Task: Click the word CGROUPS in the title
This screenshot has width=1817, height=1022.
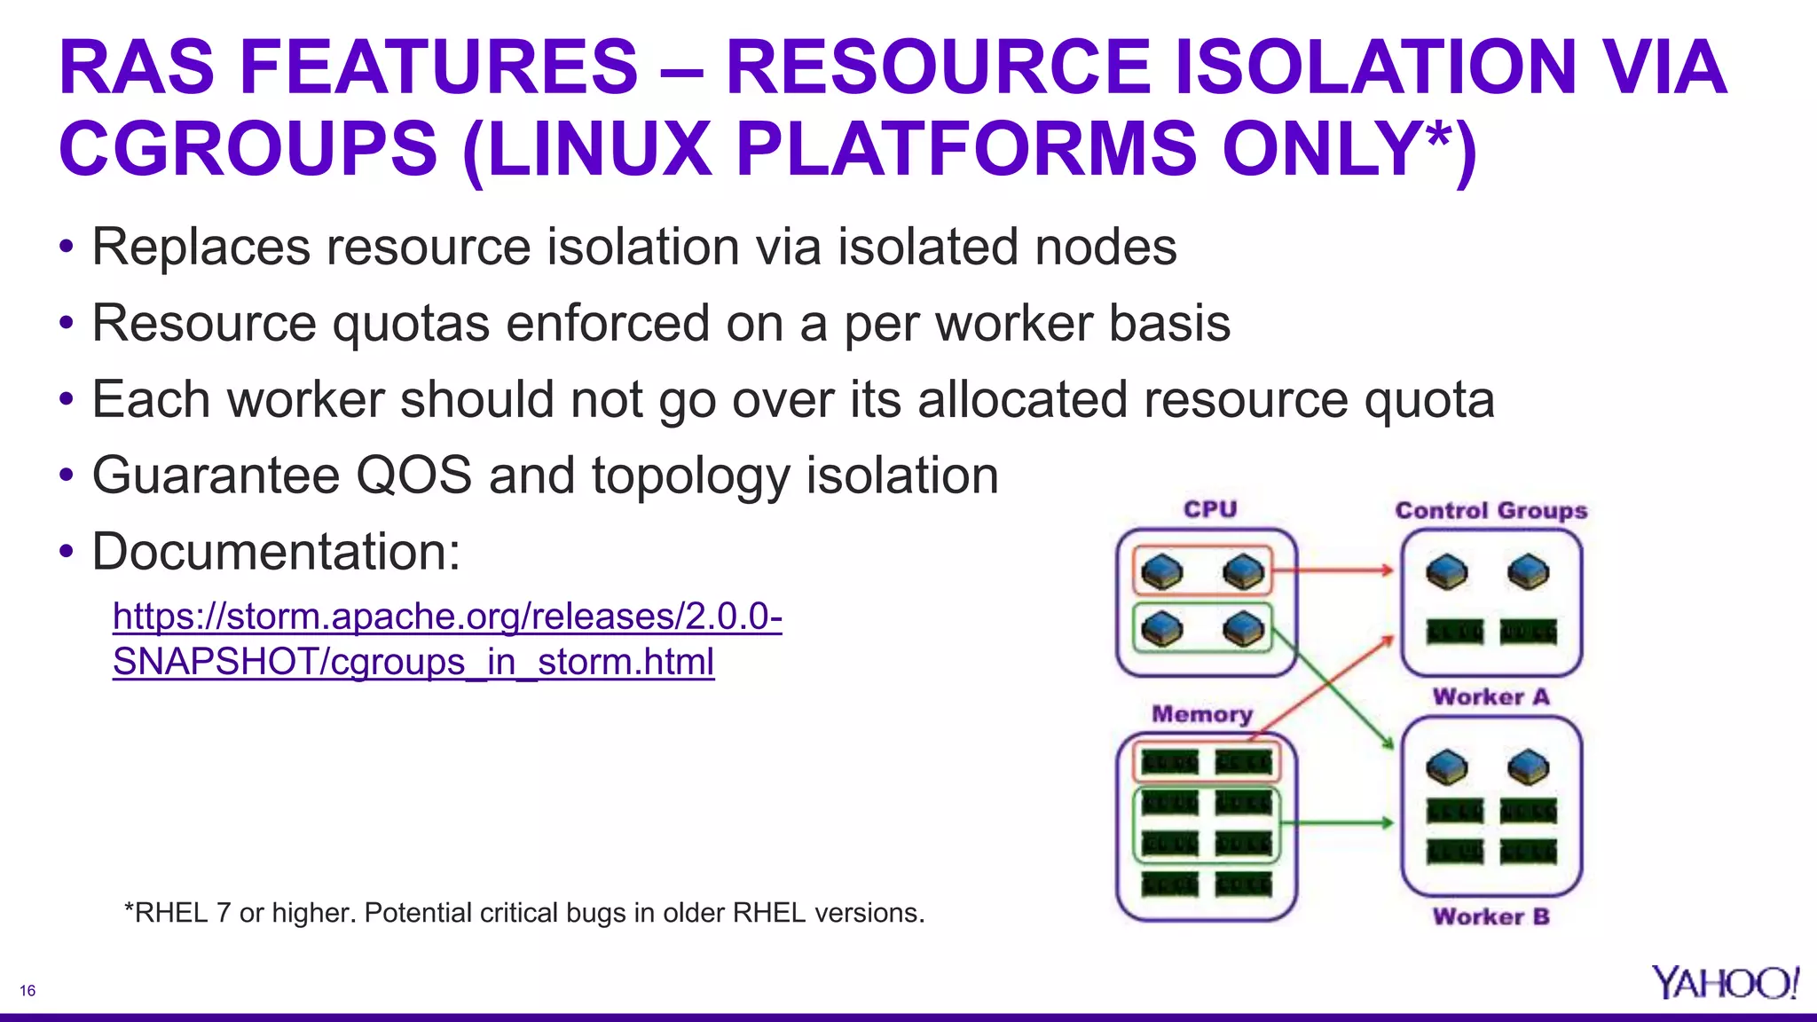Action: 248,148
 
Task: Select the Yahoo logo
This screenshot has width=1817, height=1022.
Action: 1725,983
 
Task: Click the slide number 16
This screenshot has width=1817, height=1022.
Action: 28,991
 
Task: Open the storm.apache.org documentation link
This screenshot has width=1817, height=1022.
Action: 447,638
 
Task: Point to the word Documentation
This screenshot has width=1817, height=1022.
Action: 276,552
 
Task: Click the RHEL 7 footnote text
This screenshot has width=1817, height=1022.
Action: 524,912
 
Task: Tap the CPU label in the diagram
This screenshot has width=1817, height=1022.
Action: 1210,509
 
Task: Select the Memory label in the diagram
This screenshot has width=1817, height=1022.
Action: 1202,714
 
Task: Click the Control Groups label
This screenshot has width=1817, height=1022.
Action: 1491,511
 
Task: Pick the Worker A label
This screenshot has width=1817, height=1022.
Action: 1491,697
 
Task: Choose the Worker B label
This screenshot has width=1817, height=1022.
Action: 1491,916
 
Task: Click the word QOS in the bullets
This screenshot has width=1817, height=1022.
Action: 413,476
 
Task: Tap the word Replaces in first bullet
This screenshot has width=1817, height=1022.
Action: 201,247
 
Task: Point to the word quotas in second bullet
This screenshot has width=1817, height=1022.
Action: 411,323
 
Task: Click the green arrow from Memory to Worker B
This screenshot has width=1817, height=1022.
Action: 1336,823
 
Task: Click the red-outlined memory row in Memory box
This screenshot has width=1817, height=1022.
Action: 1207,761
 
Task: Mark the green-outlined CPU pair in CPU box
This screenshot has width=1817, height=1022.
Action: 1202,629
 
